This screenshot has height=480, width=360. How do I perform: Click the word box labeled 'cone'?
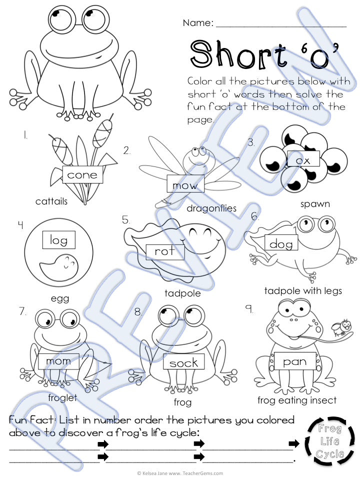click(82, 174)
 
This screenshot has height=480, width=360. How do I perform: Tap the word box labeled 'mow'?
click(185, 183)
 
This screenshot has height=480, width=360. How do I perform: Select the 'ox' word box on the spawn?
click(303, 159)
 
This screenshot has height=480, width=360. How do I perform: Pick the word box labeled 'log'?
click(59, 239)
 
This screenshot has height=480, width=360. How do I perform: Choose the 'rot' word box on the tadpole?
click(165, 252)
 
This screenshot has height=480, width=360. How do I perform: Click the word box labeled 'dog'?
click(281, 243)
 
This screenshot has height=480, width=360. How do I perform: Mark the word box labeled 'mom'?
click(59, 361)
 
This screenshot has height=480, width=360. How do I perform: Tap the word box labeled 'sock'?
click(183, 361)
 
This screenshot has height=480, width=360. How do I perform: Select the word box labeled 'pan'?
click(295, 360)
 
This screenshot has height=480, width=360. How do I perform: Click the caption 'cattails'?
click(51, 201)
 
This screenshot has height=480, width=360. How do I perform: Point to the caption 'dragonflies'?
click(211, 208)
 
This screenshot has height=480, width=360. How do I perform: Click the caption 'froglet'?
click(62, 397)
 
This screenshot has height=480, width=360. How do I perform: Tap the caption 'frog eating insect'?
click(297, 400)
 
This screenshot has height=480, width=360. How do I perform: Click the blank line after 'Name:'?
click(281, 26)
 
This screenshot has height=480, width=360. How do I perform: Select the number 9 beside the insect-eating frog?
click(250, 309)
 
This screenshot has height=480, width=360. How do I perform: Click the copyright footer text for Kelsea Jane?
click(180, 473)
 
